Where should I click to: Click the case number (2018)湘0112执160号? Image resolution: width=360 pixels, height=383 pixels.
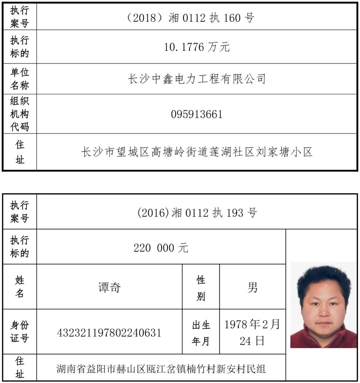(190, 17)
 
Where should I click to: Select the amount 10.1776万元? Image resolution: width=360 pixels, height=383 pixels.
(197, 47)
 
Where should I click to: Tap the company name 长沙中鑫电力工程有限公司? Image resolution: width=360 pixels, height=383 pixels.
(197, 79)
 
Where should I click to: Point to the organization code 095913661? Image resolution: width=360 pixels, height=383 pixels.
(197, 114)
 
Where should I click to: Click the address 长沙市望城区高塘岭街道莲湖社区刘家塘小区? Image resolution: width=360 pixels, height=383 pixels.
(197, 152)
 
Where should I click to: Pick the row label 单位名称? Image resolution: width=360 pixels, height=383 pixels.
(20, 79)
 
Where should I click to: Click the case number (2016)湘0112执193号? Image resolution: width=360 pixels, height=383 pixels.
(197, 213)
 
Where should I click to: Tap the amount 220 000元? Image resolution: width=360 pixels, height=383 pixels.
(161, 248)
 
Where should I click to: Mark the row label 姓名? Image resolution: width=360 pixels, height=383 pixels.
(20, 287)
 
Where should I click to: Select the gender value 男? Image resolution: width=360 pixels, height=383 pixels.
(252, 287)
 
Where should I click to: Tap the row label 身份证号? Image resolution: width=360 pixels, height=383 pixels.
(20, 331)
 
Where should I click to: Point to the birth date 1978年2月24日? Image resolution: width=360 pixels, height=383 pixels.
(252, 332)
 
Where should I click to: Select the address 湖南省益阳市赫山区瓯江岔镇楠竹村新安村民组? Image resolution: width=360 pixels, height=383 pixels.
(161, 368)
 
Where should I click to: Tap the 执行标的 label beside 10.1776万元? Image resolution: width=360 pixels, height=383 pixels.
(20, 47)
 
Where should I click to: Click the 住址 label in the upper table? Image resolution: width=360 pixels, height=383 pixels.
(20, 152)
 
